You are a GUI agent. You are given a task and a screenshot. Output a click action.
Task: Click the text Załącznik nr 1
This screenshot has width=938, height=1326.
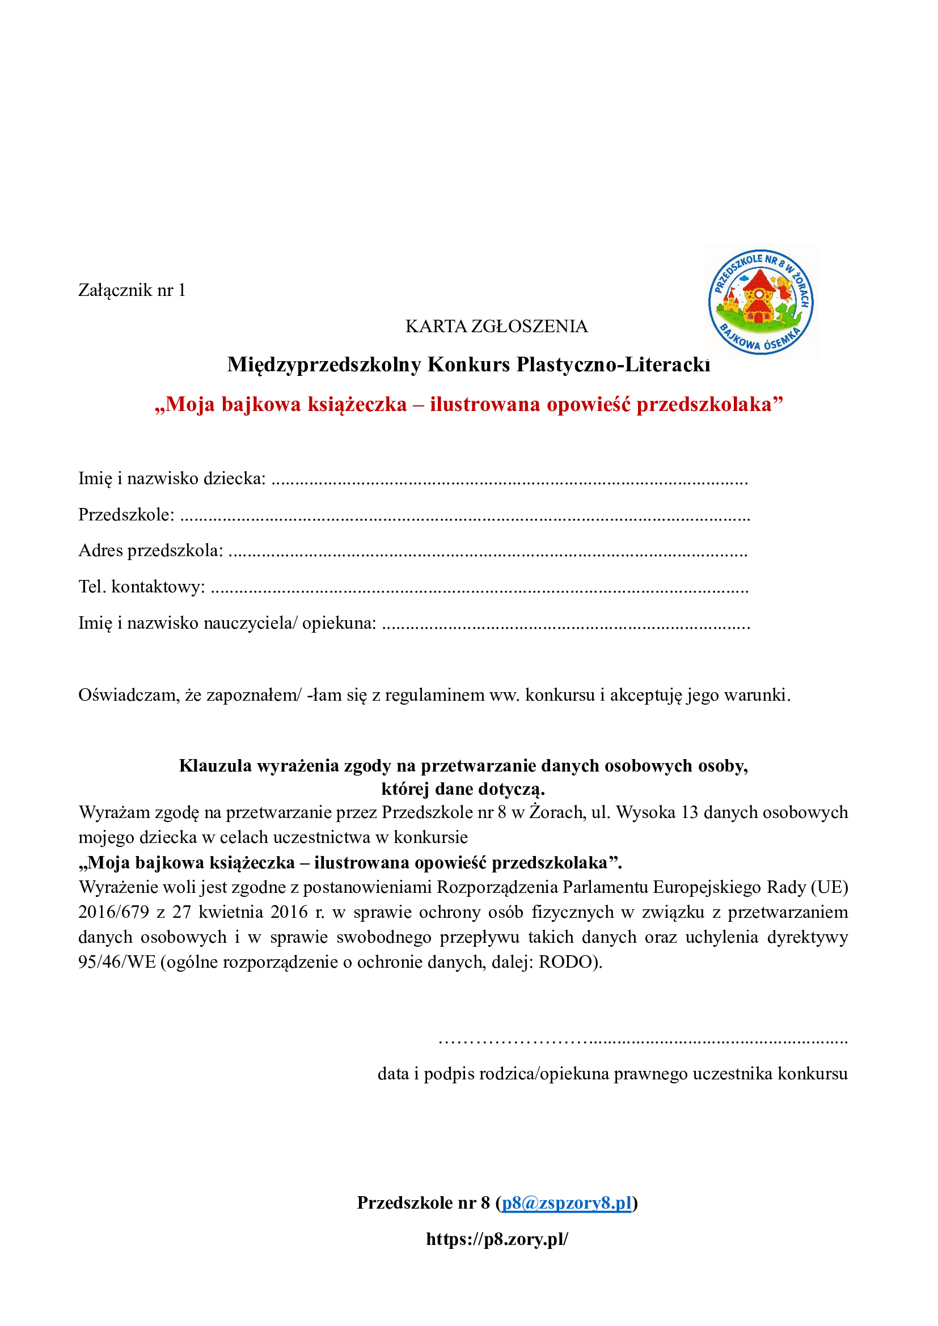(132, 290)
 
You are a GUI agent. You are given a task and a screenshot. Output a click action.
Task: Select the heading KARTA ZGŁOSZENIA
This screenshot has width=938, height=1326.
(496, 327)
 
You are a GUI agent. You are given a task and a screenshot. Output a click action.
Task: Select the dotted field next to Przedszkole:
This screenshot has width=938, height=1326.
(465, 517)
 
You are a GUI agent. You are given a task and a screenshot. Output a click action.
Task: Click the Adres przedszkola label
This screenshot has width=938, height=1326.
(150, 551)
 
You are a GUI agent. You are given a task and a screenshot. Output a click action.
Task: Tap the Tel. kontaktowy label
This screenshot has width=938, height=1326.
(142, 587)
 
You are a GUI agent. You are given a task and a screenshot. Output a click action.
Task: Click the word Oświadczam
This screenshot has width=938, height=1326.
(128, 695)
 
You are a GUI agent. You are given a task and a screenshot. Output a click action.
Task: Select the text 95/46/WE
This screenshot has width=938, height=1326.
(117, 961)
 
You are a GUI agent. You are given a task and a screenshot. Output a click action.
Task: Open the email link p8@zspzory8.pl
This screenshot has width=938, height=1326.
(566, 1202)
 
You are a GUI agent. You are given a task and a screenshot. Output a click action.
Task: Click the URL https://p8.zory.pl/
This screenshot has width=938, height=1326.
(497, 1239)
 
